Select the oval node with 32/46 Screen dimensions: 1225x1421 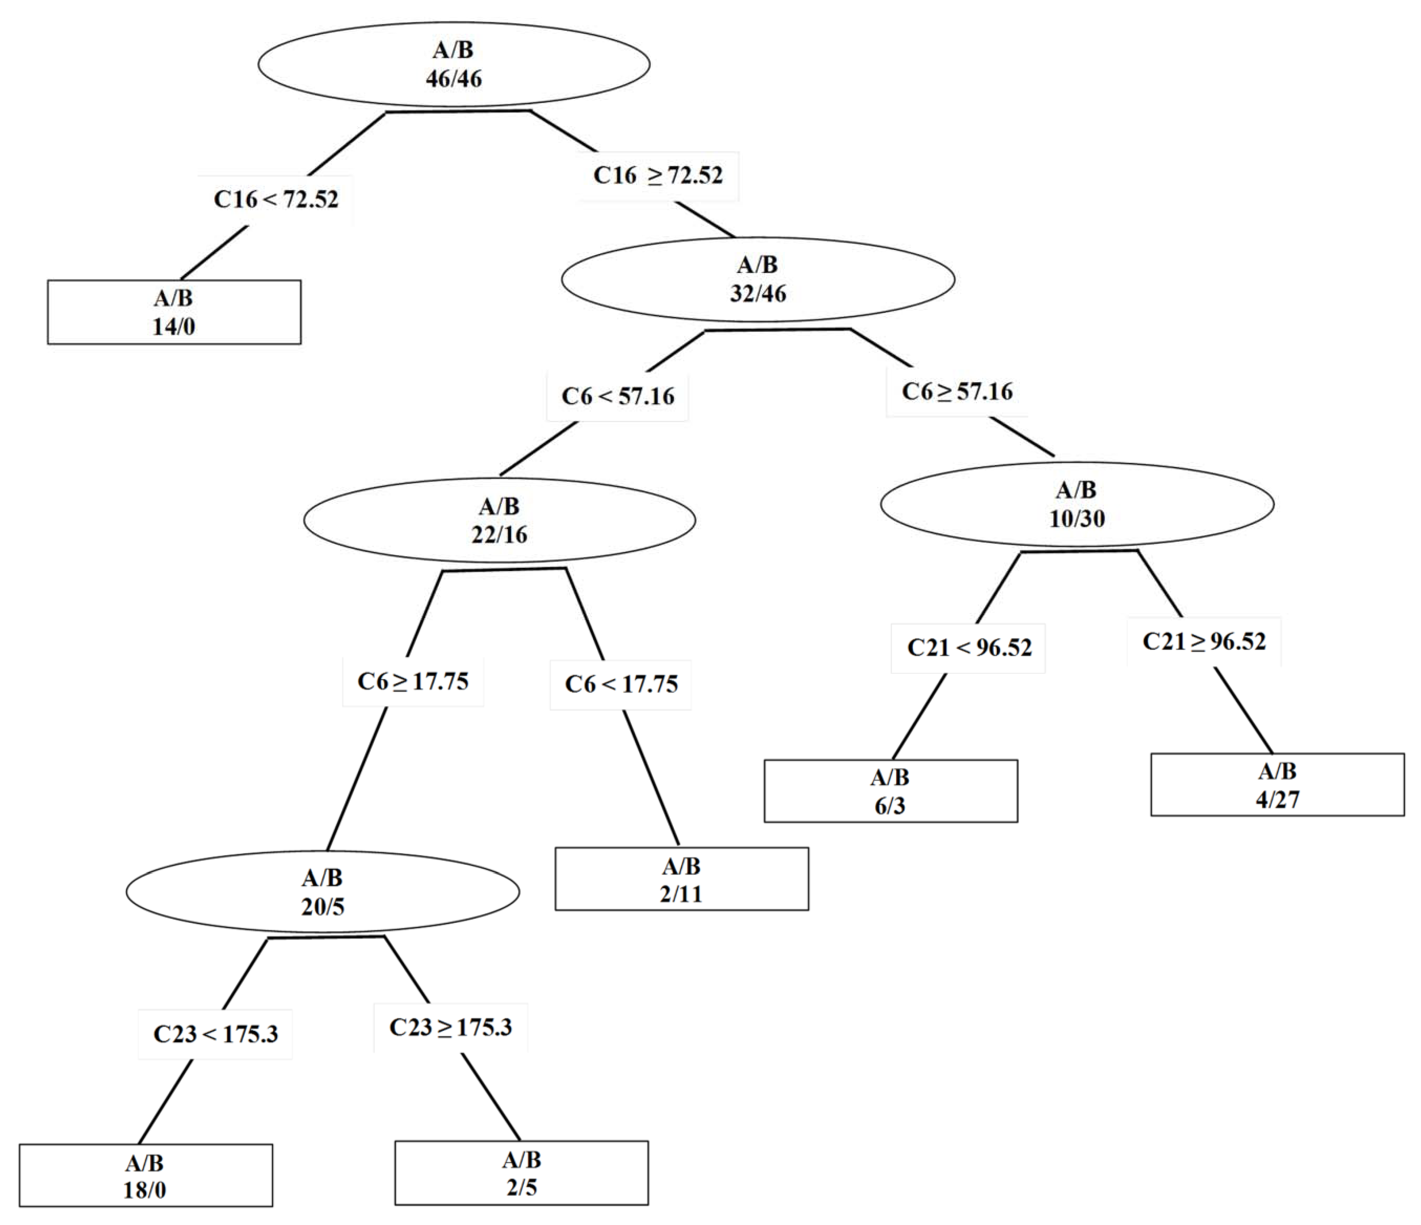click(758, 279)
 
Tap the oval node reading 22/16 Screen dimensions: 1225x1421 click(499, 520)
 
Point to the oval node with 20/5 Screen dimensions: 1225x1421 click(322, 892)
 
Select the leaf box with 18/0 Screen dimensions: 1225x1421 click(145, 1176)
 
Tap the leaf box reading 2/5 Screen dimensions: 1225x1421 click(521, 1173)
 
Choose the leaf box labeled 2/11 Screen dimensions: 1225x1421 click(682, 879)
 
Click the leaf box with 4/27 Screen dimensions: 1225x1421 click(1277, 785)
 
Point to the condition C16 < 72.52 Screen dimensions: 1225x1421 click(276, 200)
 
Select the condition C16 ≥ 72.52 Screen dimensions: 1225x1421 click(658, 175)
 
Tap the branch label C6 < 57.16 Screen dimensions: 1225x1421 click(617, 396)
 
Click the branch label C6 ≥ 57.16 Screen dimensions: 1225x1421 click(957, 391)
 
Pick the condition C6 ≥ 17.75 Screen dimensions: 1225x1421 click(413, 681)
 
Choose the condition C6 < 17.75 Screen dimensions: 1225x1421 click(621, 684)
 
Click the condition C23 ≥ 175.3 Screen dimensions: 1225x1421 click(451, 1027)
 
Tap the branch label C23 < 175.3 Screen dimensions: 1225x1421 click(215, 1034)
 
